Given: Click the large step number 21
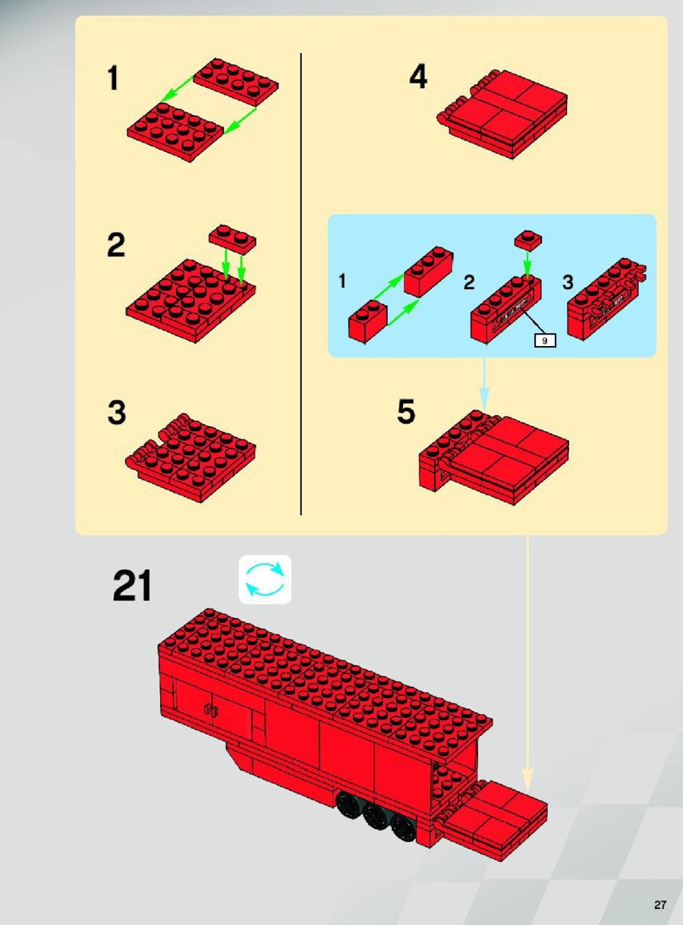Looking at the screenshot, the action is click(132, 586).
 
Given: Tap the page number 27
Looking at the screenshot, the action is click(659, 901).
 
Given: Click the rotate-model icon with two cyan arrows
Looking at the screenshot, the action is click(265, 579).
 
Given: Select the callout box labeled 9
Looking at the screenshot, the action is click(545, 340).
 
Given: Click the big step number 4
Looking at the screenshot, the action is click(418, 77).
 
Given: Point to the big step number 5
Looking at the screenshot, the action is click(406, 411).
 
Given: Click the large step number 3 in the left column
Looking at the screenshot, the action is click(116, 413).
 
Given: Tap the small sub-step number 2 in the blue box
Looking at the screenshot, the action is click(469, 282).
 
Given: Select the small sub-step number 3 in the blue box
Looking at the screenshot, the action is click(568, 282).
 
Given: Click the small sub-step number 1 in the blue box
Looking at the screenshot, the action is click(342, 281).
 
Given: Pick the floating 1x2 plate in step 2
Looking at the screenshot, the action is click(232, 238).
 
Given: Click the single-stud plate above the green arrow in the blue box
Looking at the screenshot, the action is click(527, 240).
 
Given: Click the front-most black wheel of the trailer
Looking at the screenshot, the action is click(402, 826).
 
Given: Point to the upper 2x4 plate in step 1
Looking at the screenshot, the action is click(236, 80).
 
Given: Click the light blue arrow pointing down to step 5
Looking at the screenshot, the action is click(484, 384).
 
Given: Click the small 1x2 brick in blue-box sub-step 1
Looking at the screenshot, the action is click(368, 322).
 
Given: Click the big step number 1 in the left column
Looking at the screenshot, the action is click(113, 78).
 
